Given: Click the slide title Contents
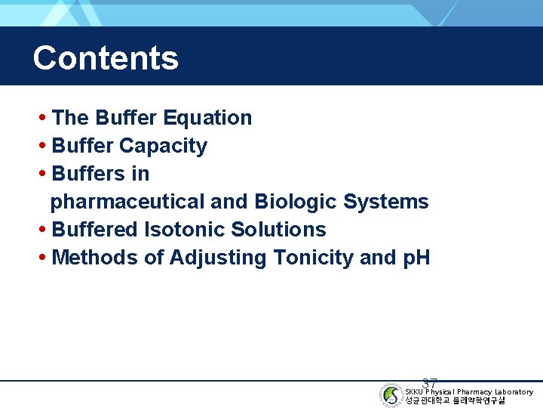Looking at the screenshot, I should point(106,58).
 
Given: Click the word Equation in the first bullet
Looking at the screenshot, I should point(207,118).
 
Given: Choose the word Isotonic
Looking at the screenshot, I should point(184,230).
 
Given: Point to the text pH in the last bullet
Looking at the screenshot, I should point(416,258).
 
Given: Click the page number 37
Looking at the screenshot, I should point(430,384).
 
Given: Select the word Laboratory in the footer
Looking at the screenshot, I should point(514,392).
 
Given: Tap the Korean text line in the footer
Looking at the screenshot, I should point(455,400).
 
